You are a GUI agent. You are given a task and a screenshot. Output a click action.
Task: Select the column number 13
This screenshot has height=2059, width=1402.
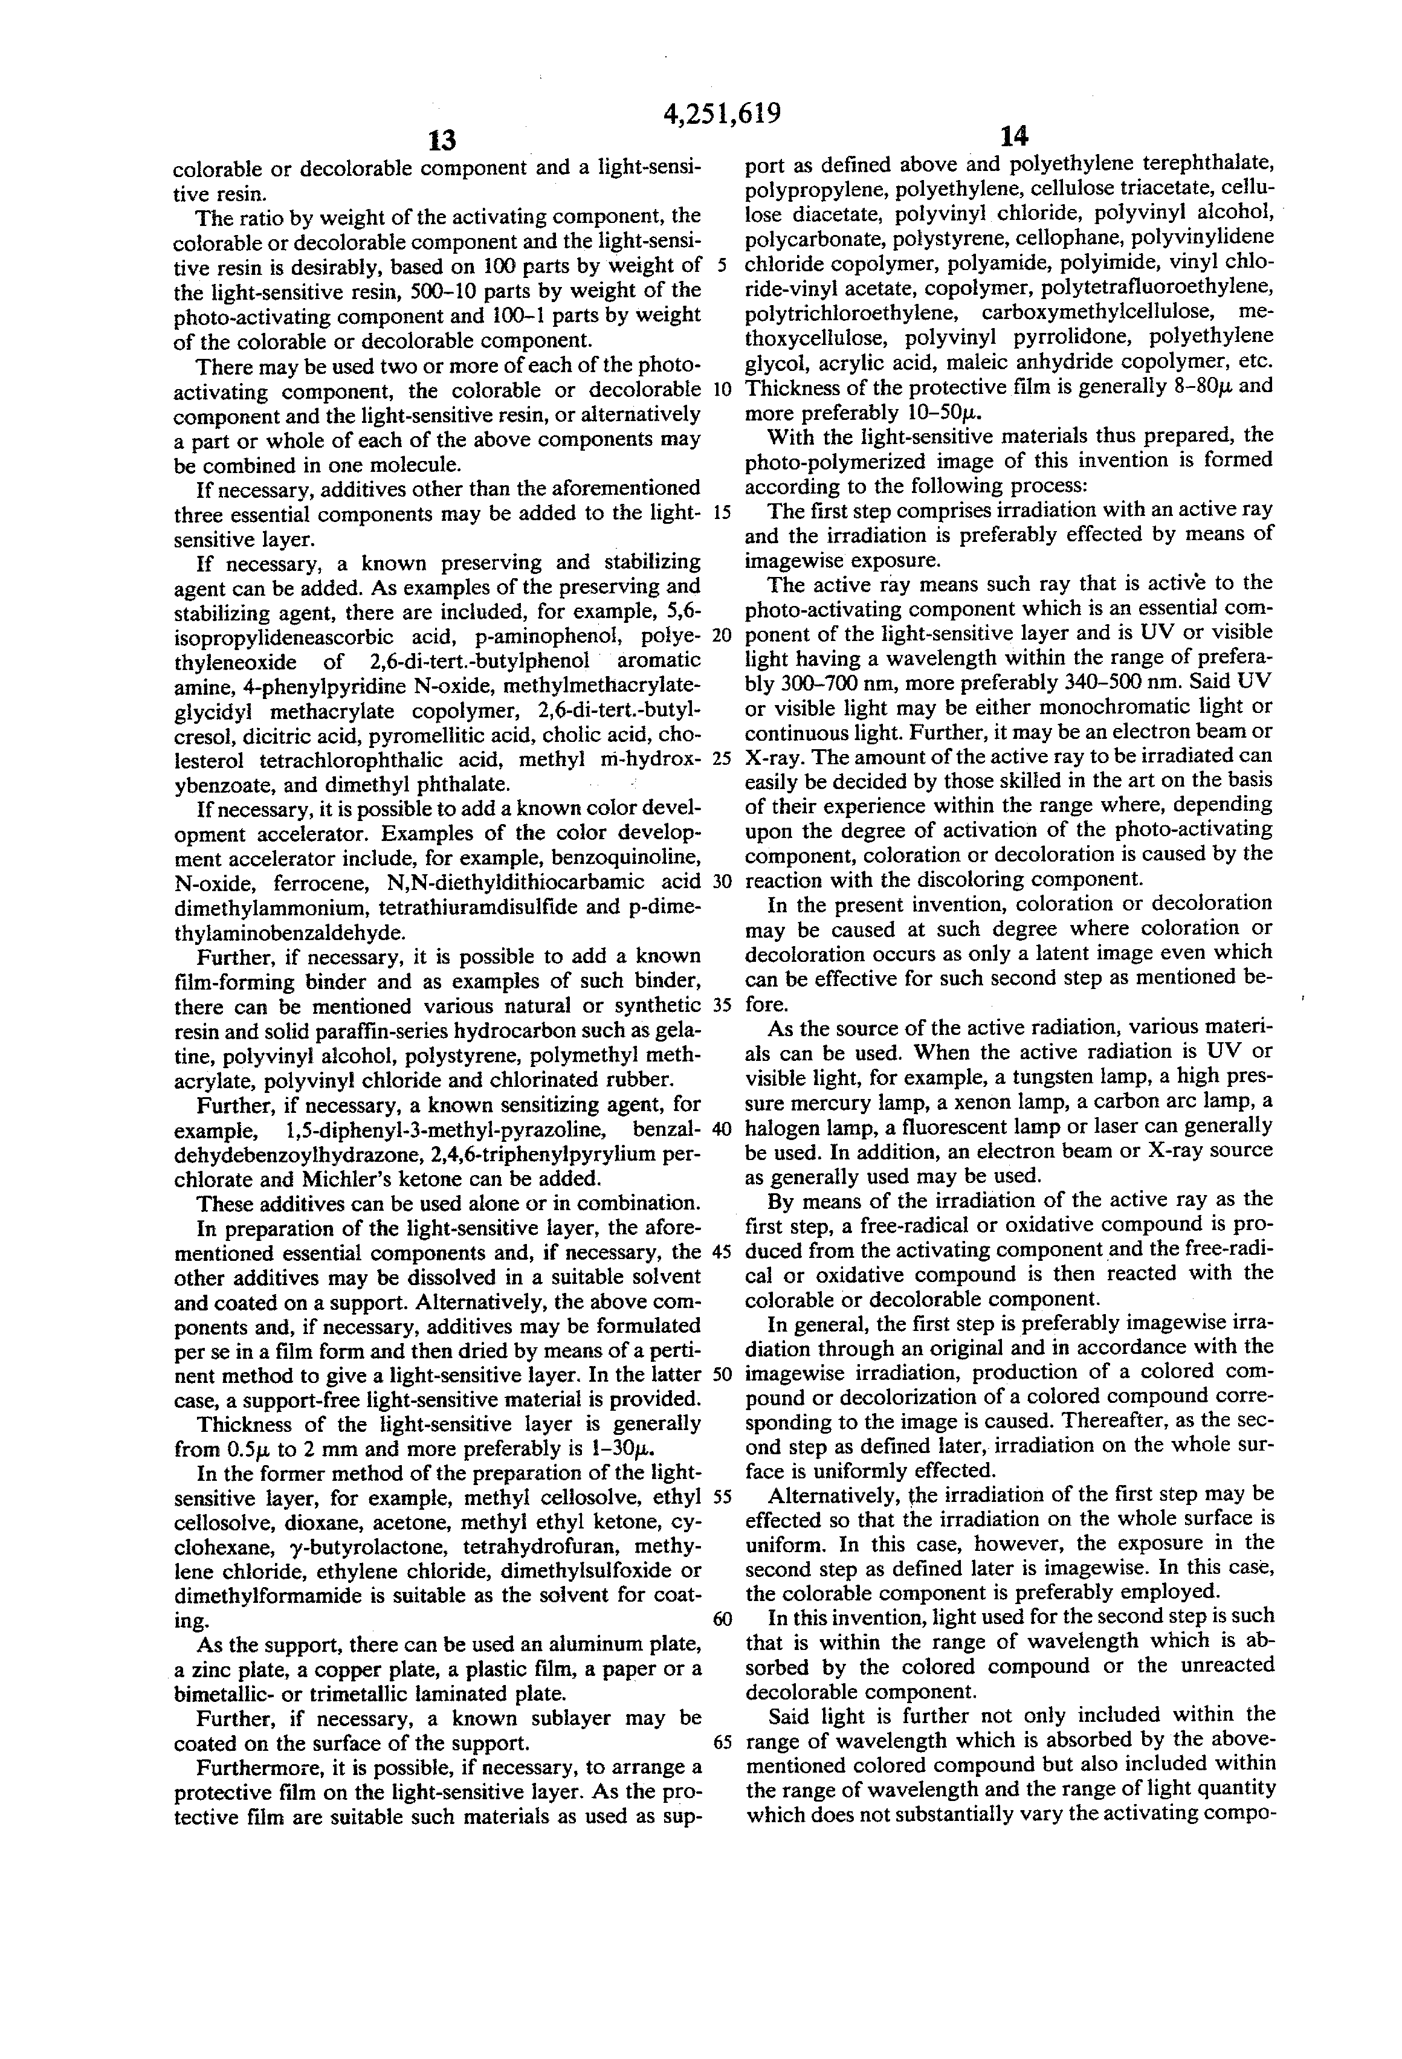(441, 140)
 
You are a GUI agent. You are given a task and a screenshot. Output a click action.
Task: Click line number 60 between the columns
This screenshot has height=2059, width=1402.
(722, 1619)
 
